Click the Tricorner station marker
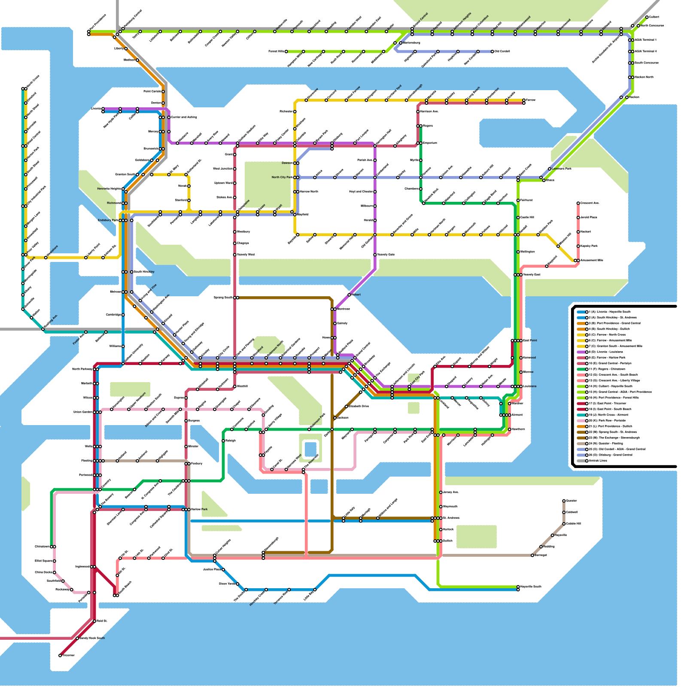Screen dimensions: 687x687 60,655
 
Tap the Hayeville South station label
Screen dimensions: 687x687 531,587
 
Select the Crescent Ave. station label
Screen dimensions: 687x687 590,203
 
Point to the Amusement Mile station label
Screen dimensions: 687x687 592,261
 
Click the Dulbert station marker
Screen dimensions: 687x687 647,17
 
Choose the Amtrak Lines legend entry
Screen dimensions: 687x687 599,461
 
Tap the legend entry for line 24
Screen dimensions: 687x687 605,444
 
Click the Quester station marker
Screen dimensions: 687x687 564,501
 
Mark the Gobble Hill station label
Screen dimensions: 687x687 573,524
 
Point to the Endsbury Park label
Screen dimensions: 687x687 108,220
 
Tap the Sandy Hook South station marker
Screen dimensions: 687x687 77,638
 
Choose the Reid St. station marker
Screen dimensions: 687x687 94,621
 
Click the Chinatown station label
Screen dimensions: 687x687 42,547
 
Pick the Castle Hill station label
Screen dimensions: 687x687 527,218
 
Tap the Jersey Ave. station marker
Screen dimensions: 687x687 441,492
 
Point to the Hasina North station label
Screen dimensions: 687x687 644,77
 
